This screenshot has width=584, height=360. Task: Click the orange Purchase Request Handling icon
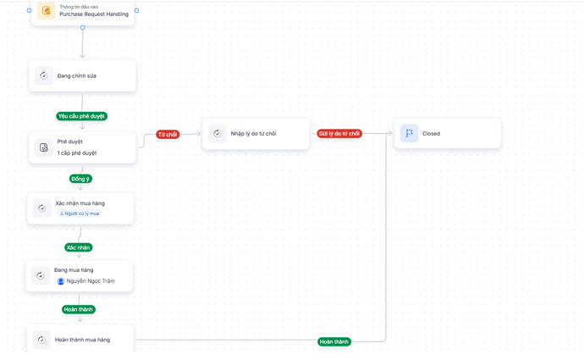coord(47,10)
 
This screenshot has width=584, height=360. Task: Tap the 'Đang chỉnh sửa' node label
coord(77,75)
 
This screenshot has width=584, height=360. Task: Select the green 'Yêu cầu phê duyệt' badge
coord(82,116)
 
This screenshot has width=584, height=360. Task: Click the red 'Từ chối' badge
coord(168,135)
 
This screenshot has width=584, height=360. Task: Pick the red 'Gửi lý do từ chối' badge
coord(339,134)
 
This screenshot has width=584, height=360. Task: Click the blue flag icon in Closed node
coord(409,133)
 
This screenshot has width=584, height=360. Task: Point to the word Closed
coord(432,134)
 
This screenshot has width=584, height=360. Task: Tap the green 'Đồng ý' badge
coord(80,179)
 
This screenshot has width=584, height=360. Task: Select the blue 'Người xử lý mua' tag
coord(80,213)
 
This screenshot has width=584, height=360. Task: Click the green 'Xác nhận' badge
coord(78,247)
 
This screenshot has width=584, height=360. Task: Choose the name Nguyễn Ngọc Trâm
coord(91,281)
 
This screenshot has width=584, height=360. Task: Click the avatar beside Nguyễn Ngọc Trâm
coord(61,281)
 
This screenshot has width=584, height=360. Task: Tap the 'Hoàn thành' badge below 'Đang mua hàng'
coord(79,309)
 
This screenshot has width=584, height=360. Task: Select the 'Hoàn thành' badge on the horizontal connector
coord(334,341)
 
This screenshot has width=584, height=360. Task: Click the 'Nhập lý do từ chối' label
coord(253,134)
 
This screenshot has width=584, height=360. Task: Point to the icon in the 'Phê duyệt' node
coord(43,147)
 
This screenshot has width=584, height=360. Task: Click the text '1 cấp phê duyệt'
coord(77,152)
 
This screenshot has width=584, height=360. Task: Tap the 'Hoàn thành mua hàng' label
coord(82,340)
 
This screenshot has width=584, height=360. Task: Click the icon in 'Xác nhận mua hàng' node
coord(41,208)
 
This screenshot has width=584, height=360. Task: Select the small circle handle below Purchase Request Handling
coord(83,28)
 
